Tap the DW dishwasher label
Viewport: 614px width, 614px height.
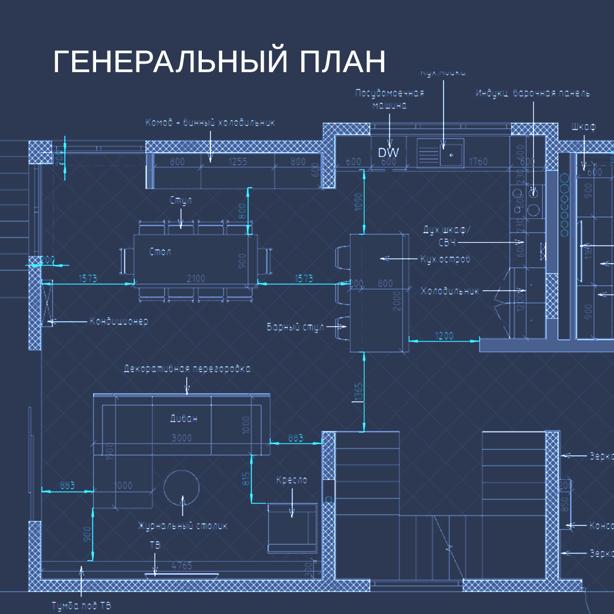tap(388, 152)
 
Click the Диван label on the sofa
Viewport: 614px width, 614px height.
tap(184, 419)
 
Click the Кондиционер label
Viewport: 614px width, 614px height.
tap(118, 321)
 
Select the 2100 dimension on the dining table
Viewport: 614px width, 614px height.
tap(196, 279)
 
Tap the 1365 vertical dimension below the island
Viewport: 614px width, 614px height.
tap(359, 393)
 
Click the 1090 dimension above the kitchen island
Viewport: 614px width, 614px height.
tap(359, 202)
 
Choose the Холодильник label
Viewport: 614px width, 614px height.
tap(449, 291)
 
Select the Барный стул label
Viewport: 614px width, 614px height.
tap(295, 327)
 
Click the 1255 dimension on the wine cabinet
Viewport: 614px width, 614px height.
tap(238, 161)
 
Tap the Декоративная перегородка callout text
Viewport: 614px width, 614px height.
tap(187, 368)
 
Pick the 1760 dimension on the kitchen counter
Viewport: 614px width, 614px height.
tap(478, 162)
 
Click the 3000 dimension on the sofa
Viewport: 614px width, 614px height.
tap(181, 438)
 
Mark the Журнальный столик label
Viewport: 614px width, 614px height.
tap(182, 526)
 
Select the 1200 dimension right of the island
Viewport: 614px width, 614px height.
tap(444, 335)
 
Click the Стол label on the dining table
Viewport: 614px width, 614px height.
tap(160, 251)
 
